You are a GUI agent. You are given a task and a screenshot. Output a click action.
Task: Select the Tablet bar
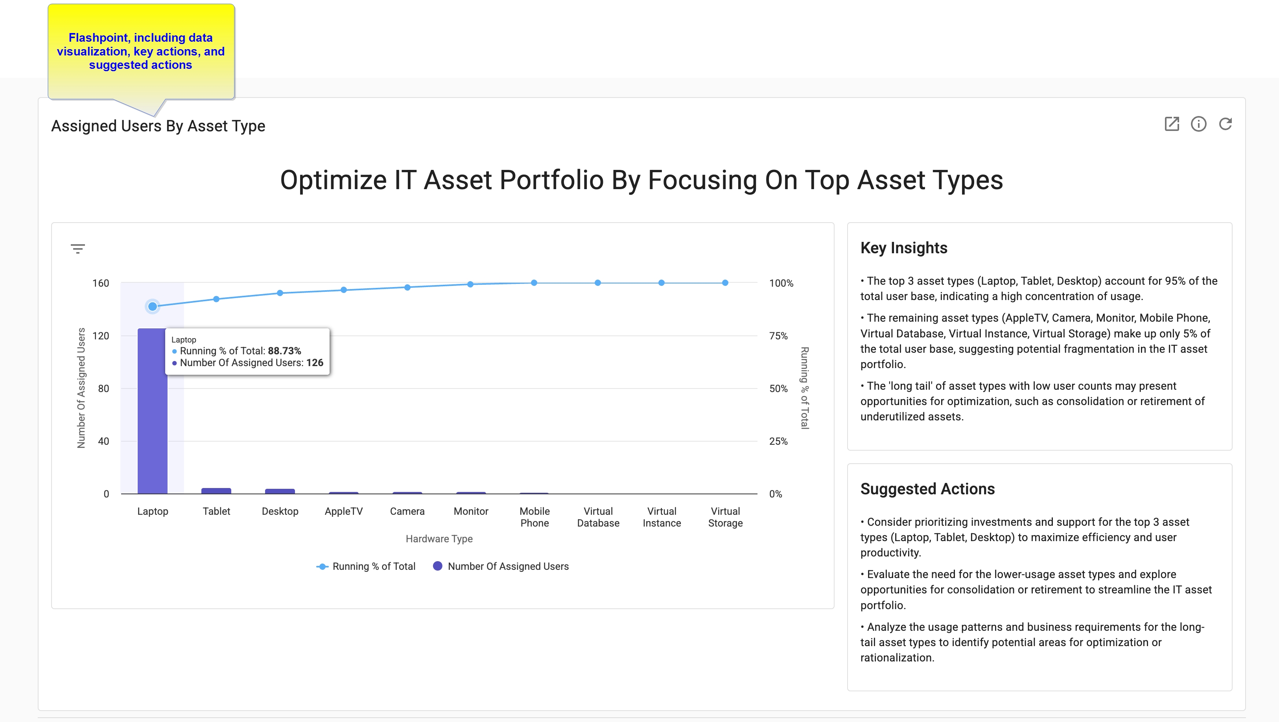pos(216,491)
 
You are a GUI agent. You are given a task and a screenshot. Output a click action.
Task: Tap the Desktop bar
pos(280,491)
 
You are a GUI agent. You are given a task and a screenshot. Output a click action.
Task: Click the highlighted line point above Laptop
pos(153,306)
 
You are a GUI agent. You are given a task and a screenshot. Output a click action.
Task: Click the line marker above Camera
pos(407,287)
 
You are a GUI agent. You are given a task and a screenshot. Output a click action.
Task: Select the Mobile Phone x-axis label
pos(534,517)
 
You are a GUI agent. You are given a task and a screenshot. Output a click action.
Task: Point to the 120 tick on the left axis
pos(100,336)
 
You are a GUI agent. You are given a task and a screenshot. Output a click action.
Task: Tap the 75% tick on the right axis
pos(778,336)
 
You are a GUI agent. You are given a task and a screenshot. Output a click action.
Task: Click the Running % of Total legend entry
pos(367,566)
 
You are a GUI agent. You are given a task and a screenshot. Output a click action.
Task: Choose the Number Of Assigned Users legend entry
pos(501,566)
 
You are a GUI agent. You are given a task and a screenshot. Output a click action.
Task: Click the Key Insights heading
pos(904,248)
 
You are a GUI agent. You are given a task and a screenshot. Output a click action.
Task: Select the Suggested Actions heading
pos(927,489)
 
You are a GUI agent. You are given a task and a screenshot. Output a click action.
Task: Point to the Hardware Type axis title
pos(439,539)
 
